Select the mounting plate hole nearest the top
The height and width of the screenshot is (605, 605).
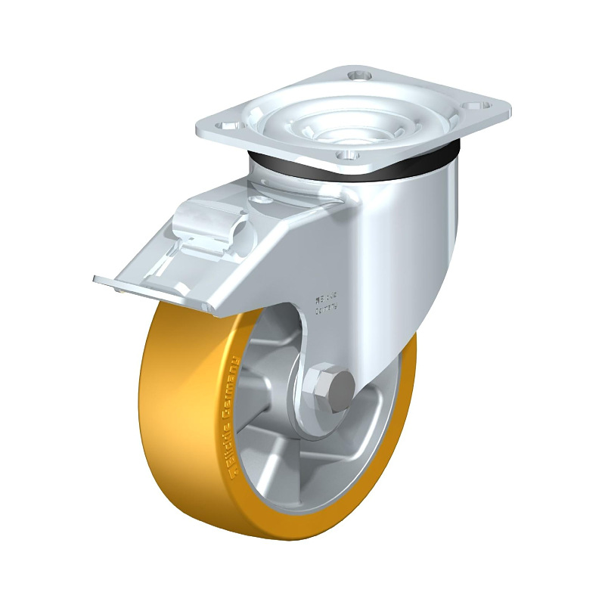pyautogui.click(x=358, y=76)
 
